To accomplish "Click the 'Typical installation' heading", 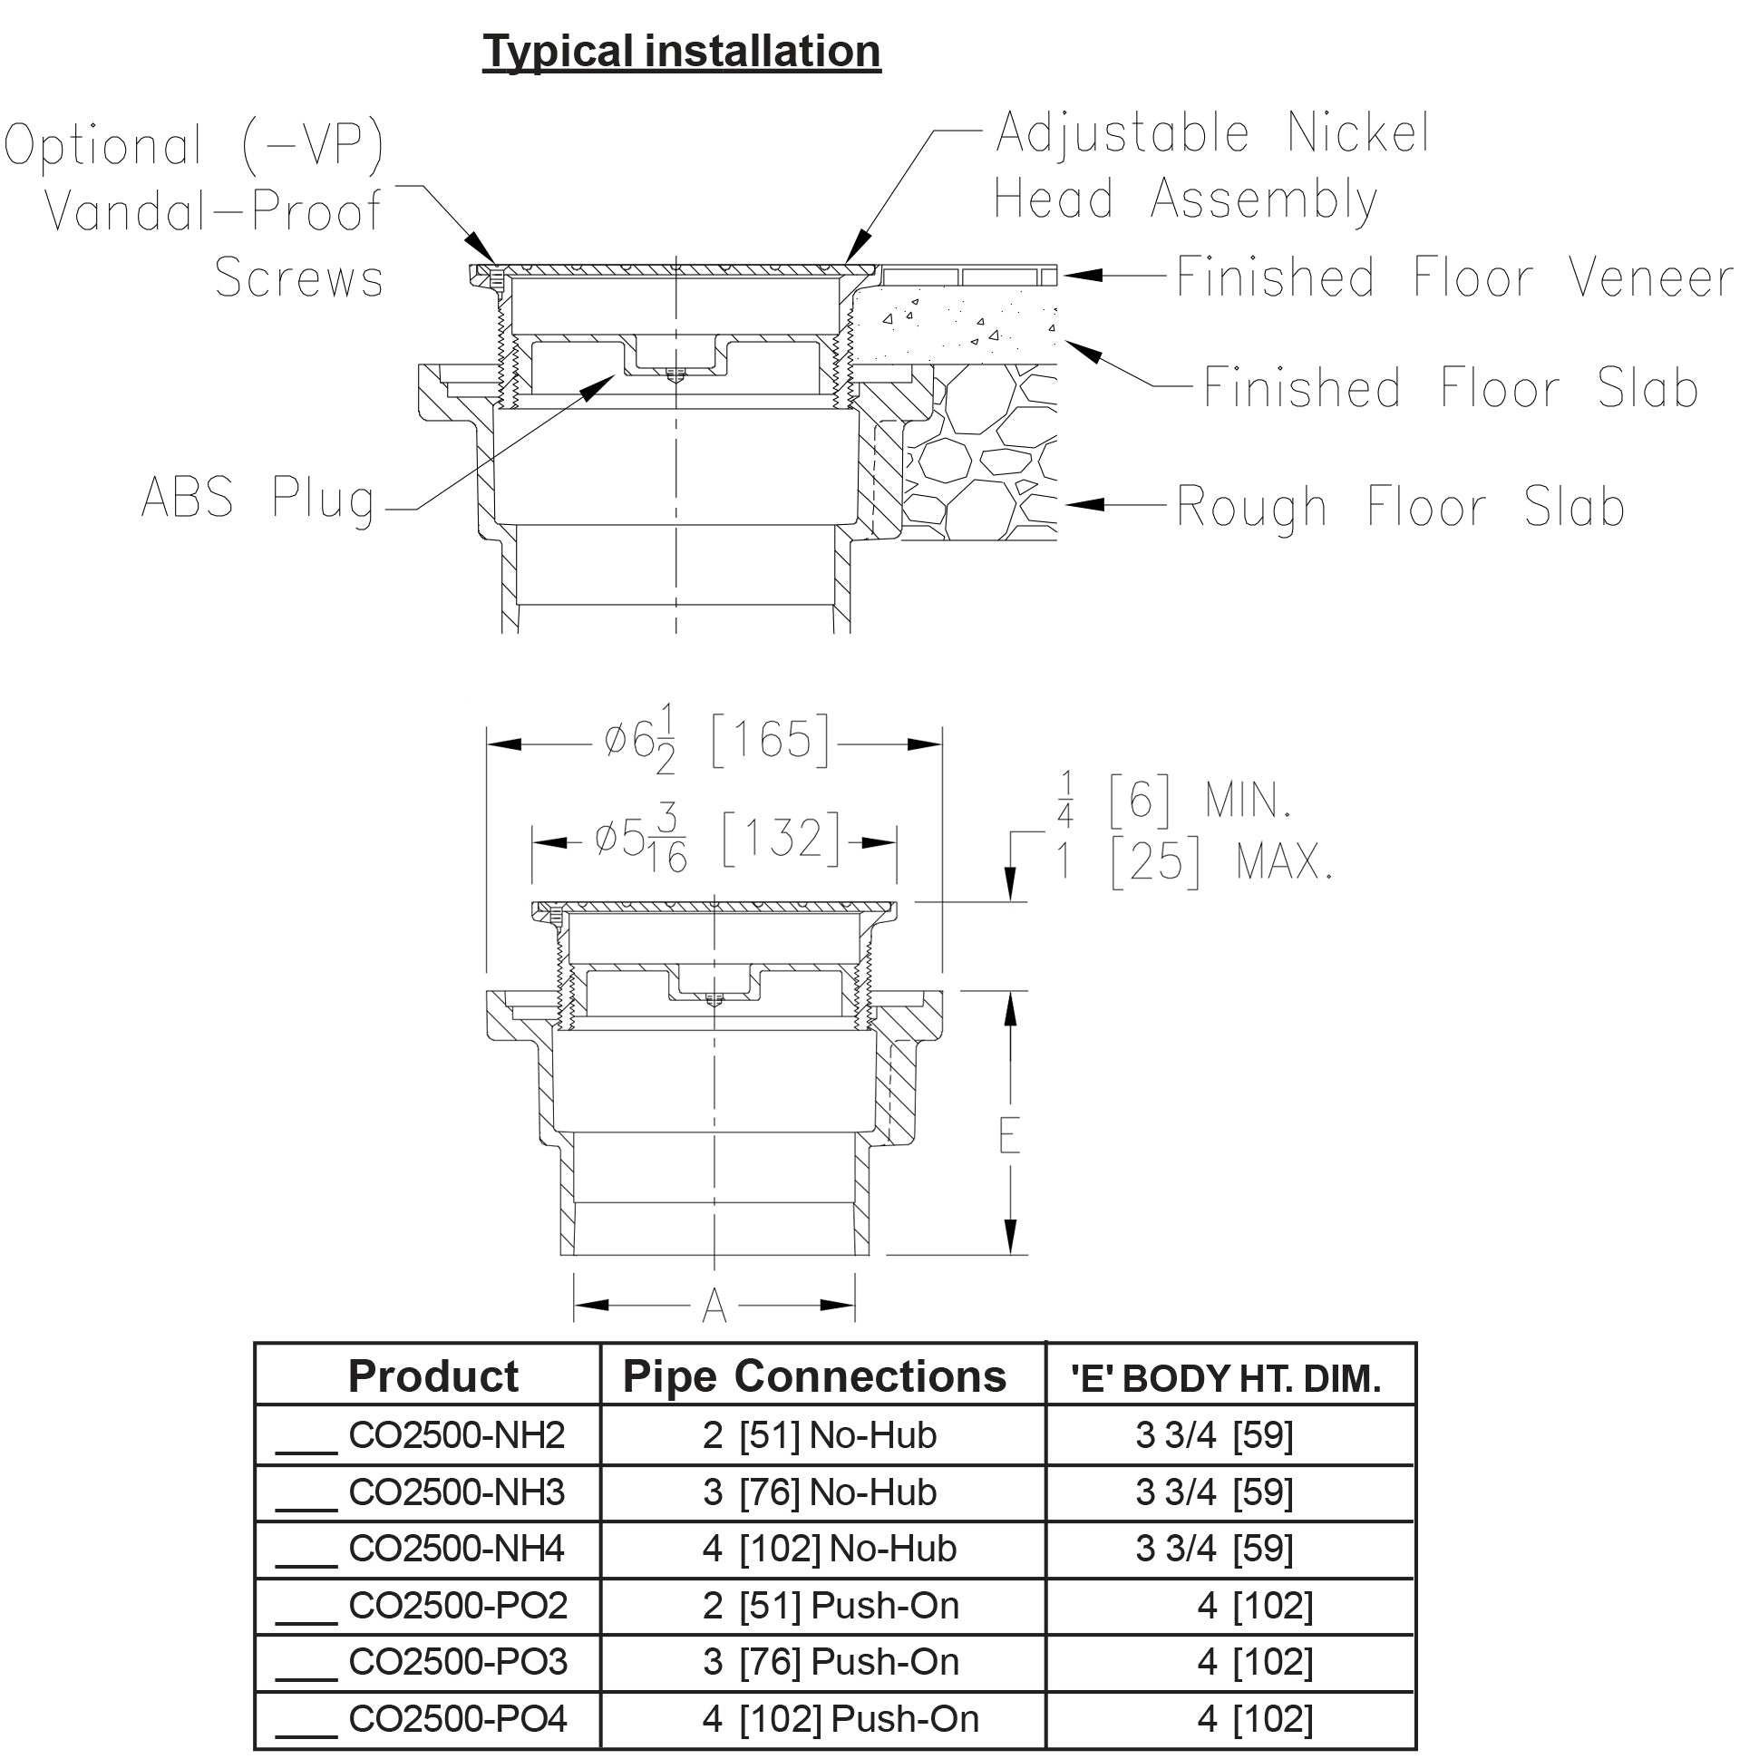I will coord(681,51).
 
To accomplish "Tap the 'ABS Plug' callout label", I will coord(258,499).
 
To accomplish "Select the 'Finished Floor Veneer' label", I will coord(1454,277).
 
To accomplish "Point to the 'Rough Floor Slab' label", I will coord(1400,506).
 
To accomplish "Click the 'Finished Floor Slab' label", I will coord(1451,388).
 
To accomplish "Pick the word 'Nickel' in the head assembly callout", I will coord(1357,133).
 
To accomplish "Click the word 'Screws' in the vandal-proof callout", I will coord(298,277).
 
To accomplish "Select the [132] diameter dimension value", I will coord(782,837).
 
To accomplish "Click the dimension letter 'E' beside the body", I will coord(1009,1136).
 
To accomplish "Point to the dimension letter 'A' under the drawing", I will coord(714,1307).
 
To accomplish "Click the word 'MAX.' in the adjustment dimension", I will coord(1284,861).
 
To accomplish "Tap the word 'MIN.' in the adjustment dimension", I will coord(1249,802).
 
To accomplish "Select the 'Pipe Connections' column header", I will coord(814,1376).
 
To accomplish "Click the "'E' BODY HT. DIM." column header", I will coord(1226,1378).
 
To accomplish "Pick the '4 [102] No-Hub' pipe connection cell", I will coord(830,1549).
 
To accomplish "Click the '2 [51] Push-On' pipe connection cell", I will coord(831,1606).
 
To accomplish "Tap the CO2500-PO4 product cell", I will coord(457,1719).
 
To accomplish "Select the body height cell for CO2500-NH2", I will coord(1214,1435).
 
